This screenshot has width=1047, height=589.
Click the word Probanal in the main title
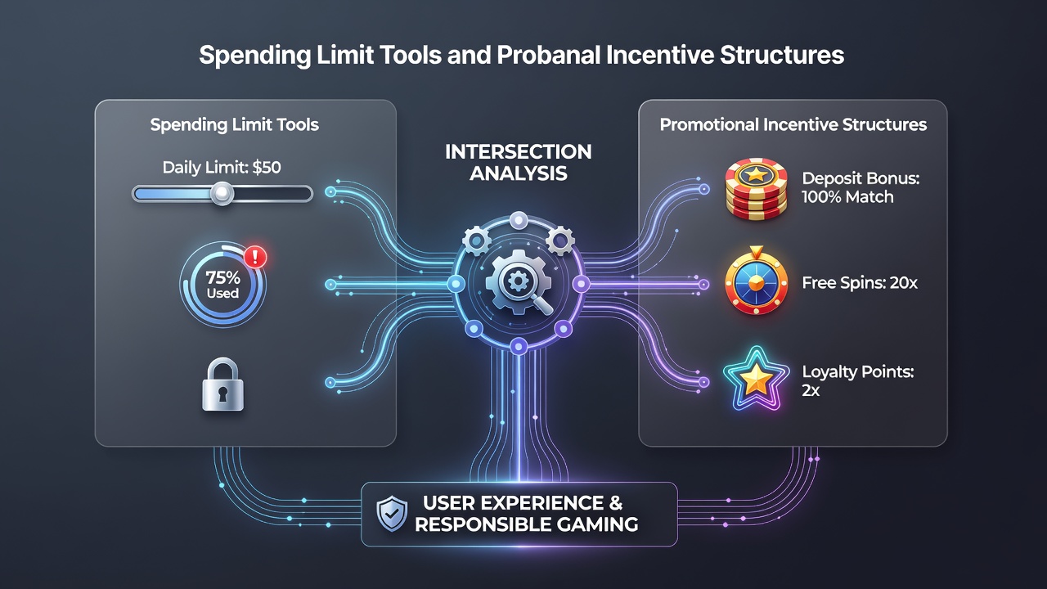tap(548, 55)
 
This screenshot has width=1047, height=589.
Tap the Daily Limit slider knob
tap(222, 193)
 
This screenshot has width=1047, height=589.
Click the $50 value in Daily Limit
tap(267, 168)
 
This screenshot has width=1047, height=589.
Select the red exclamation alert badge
tap(255, 257)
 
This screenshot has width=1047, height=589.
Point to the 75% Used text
tap(223, 285)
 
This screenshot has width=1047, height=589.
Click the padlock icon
tap(222, 384)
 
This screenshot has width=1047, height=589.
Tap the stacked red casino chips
tap(756, 189)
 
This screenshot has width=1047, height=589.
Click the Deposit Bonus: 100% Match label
tap(861, 187)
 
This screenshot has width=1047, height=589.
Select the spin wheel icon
tap(756, 281)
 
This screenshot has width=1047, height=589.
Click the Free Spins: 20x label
tap(860, 283)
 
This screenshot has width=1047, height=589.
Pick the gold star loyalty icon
tap(756, 379)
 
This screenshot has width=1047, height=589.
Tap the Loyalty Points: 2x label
tap(858, 381)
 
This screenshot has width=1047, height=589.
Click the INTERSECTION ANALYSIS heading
tap(519, 163)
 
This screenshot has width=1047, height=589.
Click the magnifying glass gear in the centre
tap(519, 282)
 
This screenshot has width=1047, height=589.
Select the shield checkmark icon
tap(392, 514)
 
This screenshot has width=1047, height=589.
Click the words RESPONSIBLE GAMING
tap(526, 524)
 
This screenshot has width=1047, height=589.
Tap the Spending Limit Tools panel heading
tap(235, 125)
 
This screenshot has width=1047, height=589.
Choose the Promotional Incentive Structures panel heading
tap(793, 125)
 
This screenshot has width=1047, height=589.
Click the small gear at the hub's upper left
tap(476, 241)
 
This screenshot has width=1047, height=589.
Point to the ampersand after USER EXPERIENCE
tap(616, 503)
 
